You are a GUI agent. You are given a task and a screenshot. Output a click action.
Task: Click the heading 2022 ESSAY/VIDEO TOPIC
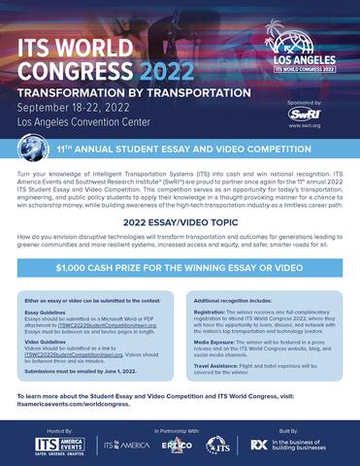click(180, 221)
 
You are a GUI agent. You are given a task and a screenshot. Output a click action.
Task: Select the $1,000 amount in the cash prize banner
click(82, 267)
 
